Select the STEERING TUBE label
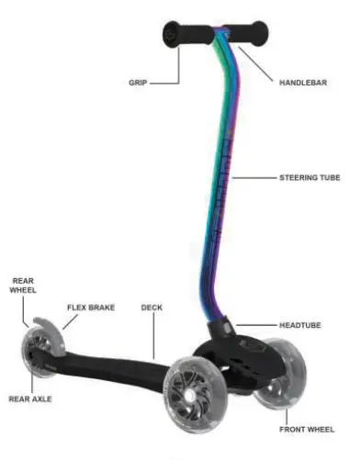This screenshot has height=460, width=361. click(x=308, y=176)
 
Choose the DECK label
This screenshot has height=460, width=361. click(x=151, y=308)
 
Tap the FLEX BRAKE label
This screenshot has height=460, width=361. click(x=91, y=308)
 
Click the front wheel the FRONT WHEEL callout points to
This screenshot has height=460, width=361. click(x=275, y=391)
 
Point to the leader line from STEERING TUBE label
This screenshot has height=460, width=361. click(x=257, y=176)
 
